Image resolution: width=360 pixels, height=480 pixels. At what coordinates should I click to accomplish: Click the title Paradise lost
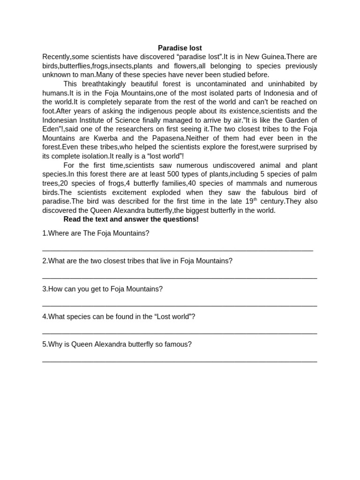click(180, 48)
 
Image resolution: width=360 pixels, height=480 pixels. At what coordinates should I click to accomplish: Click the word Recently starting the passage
click(56, 57)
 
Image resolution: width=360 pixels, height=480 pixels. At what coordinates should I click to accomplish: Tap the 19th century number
click(251, 201)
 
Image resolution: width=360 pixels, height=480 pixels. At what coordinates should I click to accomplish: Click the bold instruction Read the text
click(131, 219)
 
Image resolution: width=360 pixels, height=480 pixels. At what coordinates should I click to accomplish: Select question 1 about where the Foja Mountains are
click(96, 233)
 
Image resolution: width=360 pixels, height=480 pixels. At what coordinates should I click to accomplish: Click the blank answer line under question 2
click(180, 278)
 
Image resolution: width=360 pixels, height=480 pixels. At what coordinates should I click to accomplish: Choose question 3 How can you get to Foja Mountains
click(102, 289)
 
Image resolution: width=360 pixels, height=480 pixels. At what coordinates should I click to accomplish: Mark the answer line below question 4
click(180, 333)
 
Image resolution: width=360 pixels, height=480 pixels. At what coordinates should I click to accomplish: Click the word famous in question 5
click(180, 344)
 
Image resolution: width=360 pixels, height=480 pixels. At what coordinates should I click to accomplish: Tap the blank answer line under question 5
click(180, 361)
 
